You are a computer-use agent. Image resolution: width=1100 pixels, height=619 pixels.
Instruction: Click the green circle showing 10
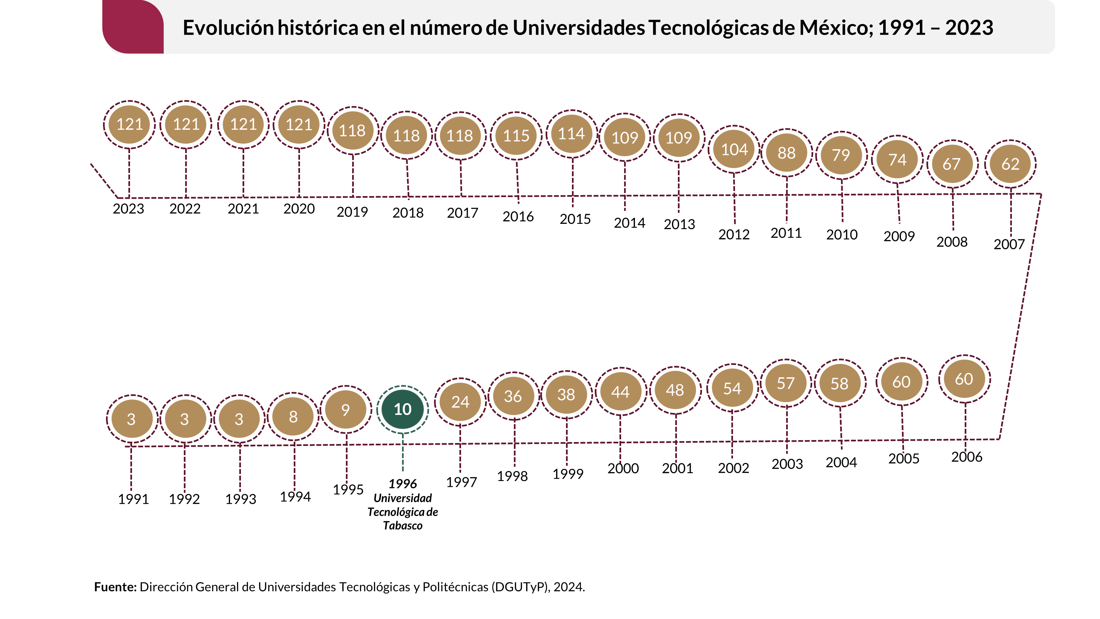pyautogui.click(x=402, y=409)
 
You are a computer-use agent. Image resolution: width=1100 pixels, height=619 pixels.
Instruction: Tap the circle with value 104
pyautogui.click(x=734, y=150)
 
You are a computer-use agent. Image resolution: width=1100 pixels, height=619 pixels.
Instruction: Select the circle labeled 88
pyautogui.click(x=786, y=153)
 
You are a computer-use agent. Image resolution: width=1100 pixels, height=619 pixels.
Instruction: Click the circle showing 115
pyautogui.click(x=516, y=136)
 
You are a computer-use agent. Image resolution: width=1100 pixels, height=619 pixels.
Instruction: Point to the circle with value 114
pyautogui.click(x=571, y=134)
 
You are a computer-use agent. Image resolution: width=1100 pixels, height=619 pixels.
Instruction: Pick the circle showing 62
pyautogui.click(x=1010, y=164)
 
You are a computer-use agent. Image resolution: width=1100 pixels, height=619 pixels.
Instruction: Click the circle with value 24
pyautogui.click(x=460, y=402)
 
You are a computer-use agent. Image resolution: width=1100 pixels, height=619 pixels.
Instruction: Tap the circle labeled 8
pyautogui.click(x=293, y=417)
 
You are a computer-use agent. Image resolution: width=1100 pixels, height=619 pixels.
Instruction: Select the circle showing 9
pyautogui.click(x=346, y=410)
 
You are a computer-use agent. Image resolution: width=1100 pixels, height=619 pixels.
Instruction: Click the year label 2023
pyautogui.click(x=128, y=209)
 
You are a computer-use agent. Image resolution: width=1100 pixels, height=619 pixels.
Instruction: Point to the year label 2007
pyautogui.click(x=1009, y=244)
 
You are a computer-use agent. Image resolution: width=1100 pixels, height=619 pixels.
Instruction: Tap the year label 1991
pyautogui.click(x=133, y=499)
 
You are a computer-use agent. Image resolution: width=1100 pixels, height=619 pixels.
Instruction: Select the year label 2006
pyautogui.click(x=967, y=457)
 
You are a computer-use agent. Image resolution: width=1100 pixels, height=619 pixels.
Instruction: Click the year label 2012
pyautogui.click(x=734, y=234)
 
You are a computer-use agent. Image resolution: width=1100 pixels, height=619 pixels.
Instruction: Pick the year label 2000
pyautogui.click(x=623, y=468)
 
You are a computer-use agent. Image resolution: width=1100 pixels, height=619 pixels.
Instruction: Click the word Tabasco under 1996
pyautogui.click(x=402, y=526)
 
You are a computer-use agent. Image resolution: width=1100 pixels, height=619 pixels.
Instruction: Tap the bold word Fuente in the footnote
pyautogui.click(x=115, y=587)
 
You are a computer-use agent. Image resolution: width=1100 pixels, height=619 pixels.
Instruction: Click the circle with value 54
pyautogui.click(x=732, y=388)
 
